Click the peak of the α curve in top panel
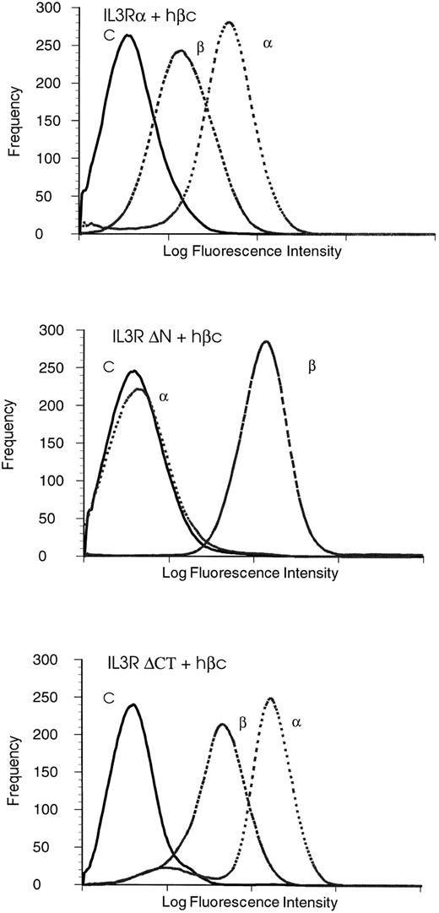point(230,23)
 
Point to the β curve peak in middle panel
point(267,342)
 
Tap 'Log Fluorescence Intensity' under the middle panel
point(253,573)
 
